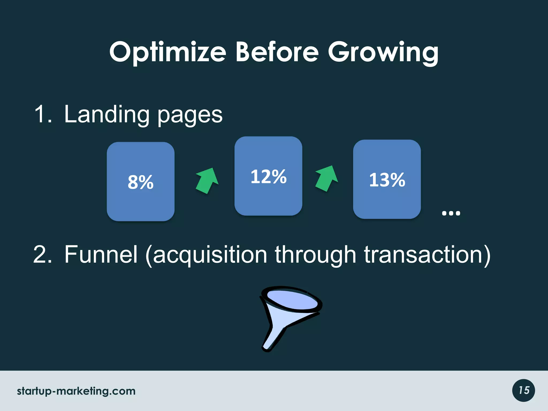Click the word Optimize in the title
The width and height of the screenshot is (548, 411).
point(168,52)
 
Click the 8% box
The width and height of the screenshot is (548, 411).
point(140,182)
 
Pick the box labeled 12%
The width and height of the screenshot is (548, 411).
point(268,176)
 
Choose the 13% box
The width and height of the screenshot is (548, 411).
point(387,179)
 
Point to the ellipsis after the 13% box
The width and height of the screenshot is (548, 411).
point(451,213)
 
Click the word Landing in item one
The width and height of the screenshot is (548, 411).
point(106,115)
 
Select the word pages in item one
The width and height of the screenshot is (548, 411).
point(190,116)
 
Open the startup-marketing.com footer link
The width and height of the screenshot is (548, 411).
point(76,391)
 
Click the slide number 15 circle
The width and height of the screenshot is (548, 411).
point(523,390)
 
